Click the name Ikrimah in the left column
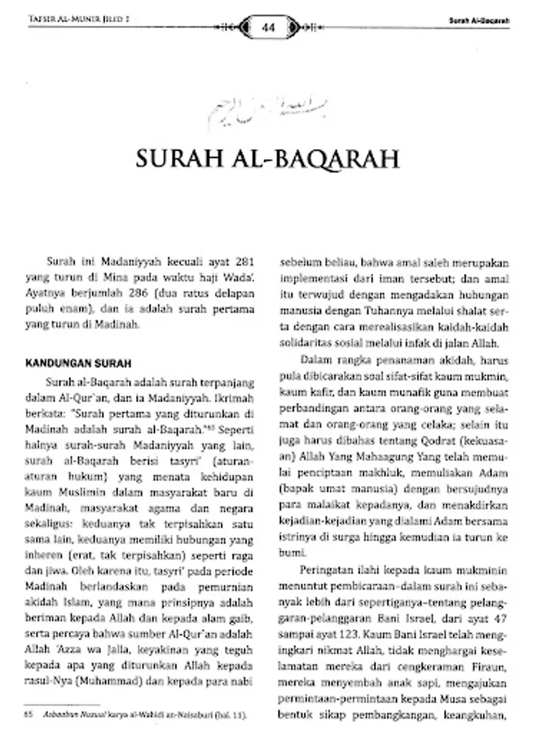pos(233,399)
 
